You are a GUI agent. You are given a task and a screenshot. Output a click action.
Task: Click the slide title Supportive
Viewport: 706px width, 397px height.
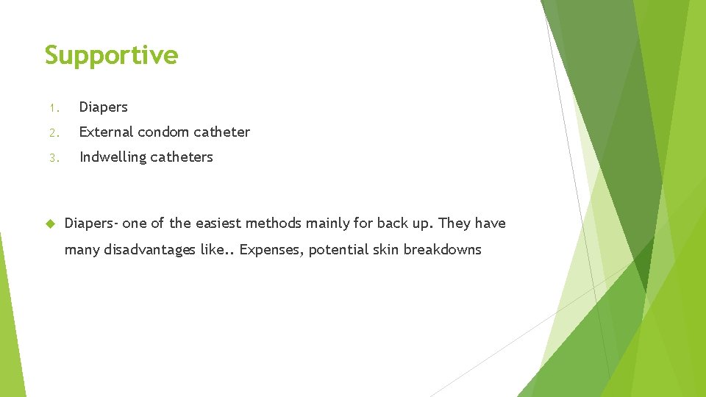111,56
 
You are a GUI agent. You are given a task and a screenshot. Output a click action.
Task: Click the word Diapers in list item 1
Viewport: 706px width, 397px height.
103,107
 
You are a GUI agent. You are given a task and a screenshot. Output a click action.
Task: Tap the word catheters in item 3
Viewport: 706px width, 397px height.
183,157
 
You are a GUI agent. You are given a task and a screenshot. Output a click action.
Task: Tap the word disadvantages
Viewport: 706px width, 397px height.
149,250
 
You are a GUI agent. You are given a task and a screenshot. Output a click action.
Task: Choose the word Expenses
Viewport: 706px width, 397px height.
271,250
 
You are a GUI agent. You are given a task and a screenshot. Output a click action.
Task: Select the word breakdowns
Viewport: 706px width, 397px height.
443,250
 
